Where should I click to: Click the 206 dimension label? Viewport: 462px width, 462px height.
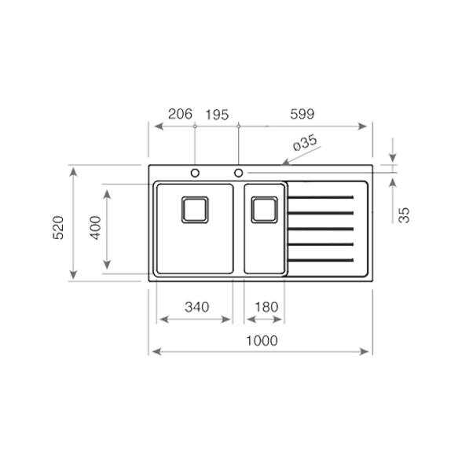coord(180,114)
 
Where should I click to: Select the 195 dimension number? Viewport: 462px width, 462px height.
coord(217,115)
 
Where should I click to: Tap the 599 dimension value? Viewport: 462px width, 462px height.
coord(302,114)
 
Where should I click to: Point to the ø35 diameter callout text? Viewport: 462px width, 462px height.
coord(306,142)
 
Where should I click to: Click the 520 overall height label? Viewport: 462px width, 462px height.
coord(58,227)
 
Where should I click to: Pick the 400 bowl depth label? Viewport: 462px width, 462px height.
coord(96,227)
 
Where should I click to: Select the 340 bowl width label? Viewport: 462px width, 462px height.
coord(196,307)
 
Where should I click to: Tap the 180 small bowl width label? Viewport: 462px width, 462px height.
coord(266,307)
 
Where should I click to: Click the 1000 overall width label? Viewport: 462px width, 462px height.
coord(262,341)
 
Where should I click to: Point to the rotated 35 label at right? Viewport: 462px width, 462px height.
coord(404,215)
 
